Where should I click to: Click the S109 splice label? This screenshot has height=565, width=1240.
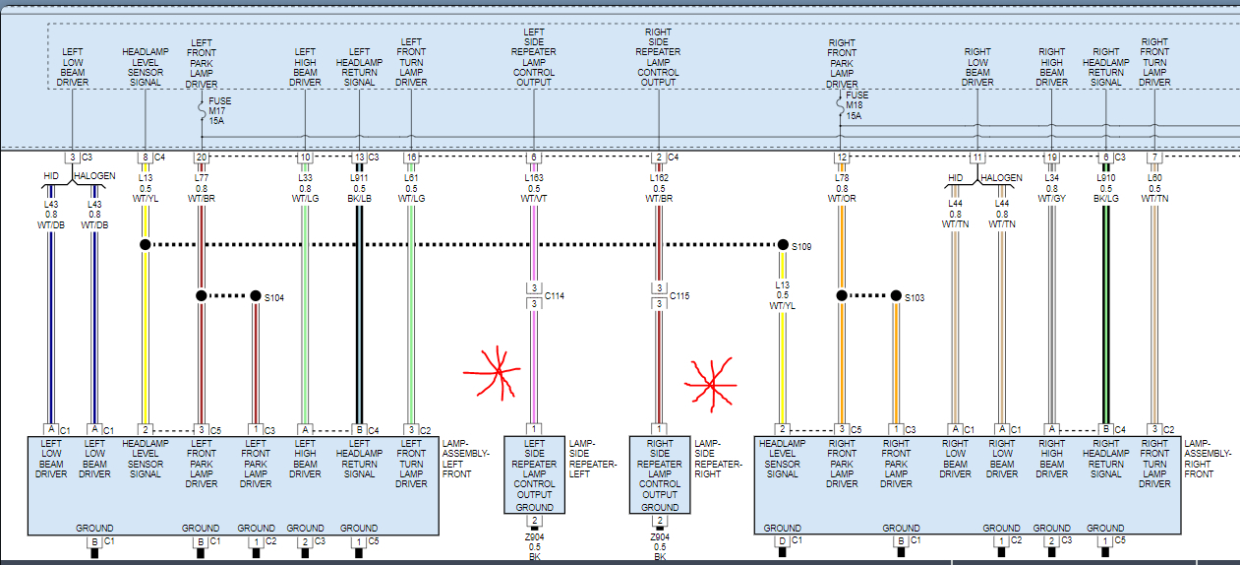[x=802, y=246]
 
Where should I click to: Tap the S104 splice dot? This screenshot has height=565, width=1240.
[x=256, y=295]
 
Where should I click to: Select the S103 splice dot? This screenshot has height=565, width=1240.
[x=896, y=295]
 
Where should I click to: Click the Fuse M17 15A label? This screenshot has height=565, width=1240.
[x=219, y=110]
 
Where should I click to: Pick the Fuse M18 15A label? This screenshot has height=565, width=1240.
[x=855, y=105]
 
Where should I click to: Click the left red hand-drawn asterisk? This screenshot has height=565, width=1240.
[x=498, y=373]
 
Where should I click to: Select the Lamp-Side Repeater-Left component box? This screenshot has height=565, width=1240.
[x=534, y=474]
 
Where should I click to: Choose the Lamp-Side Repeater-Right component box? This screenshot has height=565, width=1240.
[x=659, y=474]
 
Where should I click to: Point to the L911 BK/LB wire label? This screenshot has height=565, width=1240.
[x=360, y=187]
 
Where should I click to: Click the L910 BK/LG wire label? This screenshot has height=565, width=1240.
[x=1106, y=187]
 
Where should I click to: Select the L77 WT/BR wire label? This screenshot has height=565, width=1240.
[x=202, y=187]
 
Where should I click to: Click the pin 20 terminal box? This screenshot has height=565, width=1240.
[x=202, y=157]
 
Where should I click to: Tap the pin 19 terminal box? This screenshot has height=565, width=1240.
[x=1052, y=157]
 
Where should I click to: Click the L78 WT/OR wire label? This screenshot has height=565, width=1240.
[x=842, y=187]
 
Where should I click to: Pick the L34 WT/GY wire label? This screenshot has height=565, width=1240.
[x=1052, y=187]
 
